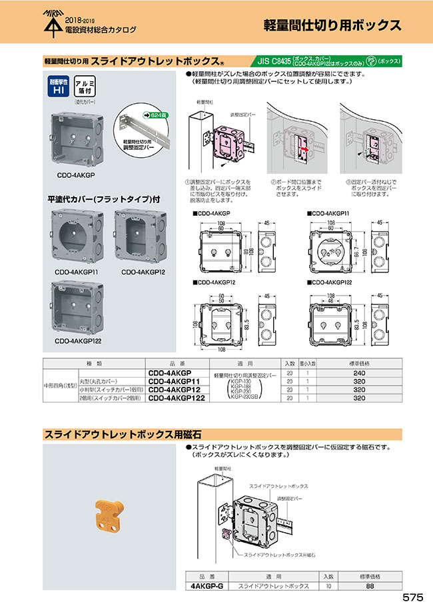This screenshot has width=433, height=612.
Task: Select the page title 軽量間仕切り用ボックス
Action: coord(332,26)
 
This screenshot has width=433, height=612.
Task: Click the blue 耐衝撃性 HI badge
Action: coord(57,86)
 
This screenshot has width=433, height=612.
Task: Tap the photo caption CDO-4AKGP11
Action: coord(73,272)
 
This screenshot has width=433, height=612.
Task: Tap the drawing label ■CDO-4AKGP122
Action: coord(330,282)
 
